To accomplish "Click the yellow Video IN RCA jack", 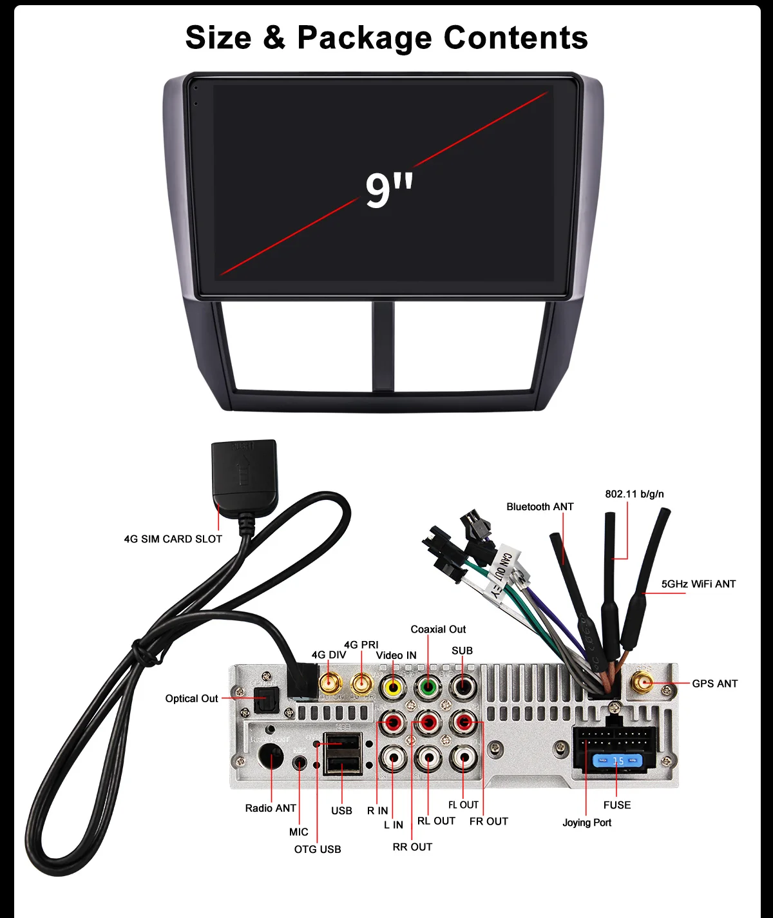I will pyautogui.click(x=392, y=687).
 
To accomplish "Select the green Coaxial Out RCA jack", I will pyautogui.click(x=427, y=687).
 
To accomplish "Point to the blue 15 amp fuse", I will pyautogui.click(x=618, y=761).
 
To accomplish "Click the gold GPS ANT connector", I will pyautogui.click(x=642, y=683).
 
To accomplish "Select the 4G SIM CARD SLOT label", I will pyautogui.click(x=173, y=539).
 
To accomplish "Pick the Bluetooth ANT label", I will pyautogui.click(x=540, y=507).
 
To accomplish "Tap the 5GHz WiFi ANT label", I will pyautogui.click(x=698, y=584).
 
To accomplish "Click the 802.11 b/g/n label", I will pyautogui.click(x=634, y=494).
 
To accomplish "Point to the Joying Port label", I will pyautogui.click(x=587, y=823).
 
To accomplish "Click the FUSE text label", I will pyautogui.click(x=617, y=805).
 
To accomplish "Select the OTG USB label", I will pyautogui.click(x=318, y=850).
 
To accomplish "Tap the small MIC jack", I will pyautogui.click(x=300, y=763).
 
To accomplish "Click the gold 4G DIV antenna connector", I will pyautogui.click(x=330, y=683).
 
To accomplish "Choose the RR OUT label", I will pyautogui.click(x=412, y=847).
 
